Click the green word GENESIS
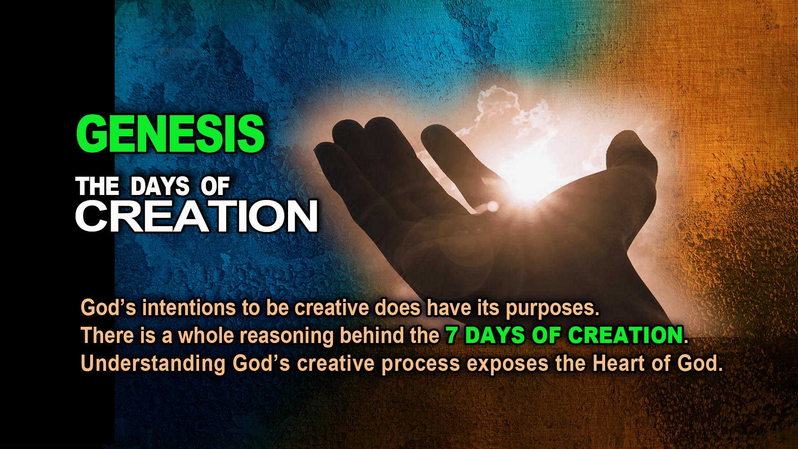(x=170, y=134)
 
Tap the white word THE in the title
(x=98, y=187)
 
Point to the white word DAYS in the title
(x=160, y=187)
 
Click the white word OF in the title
(x=215, y=187)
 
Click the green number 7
(x=451, y=336)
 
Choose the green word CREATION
(x=626, y=336)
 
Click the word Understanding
(x=153, y=364)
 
